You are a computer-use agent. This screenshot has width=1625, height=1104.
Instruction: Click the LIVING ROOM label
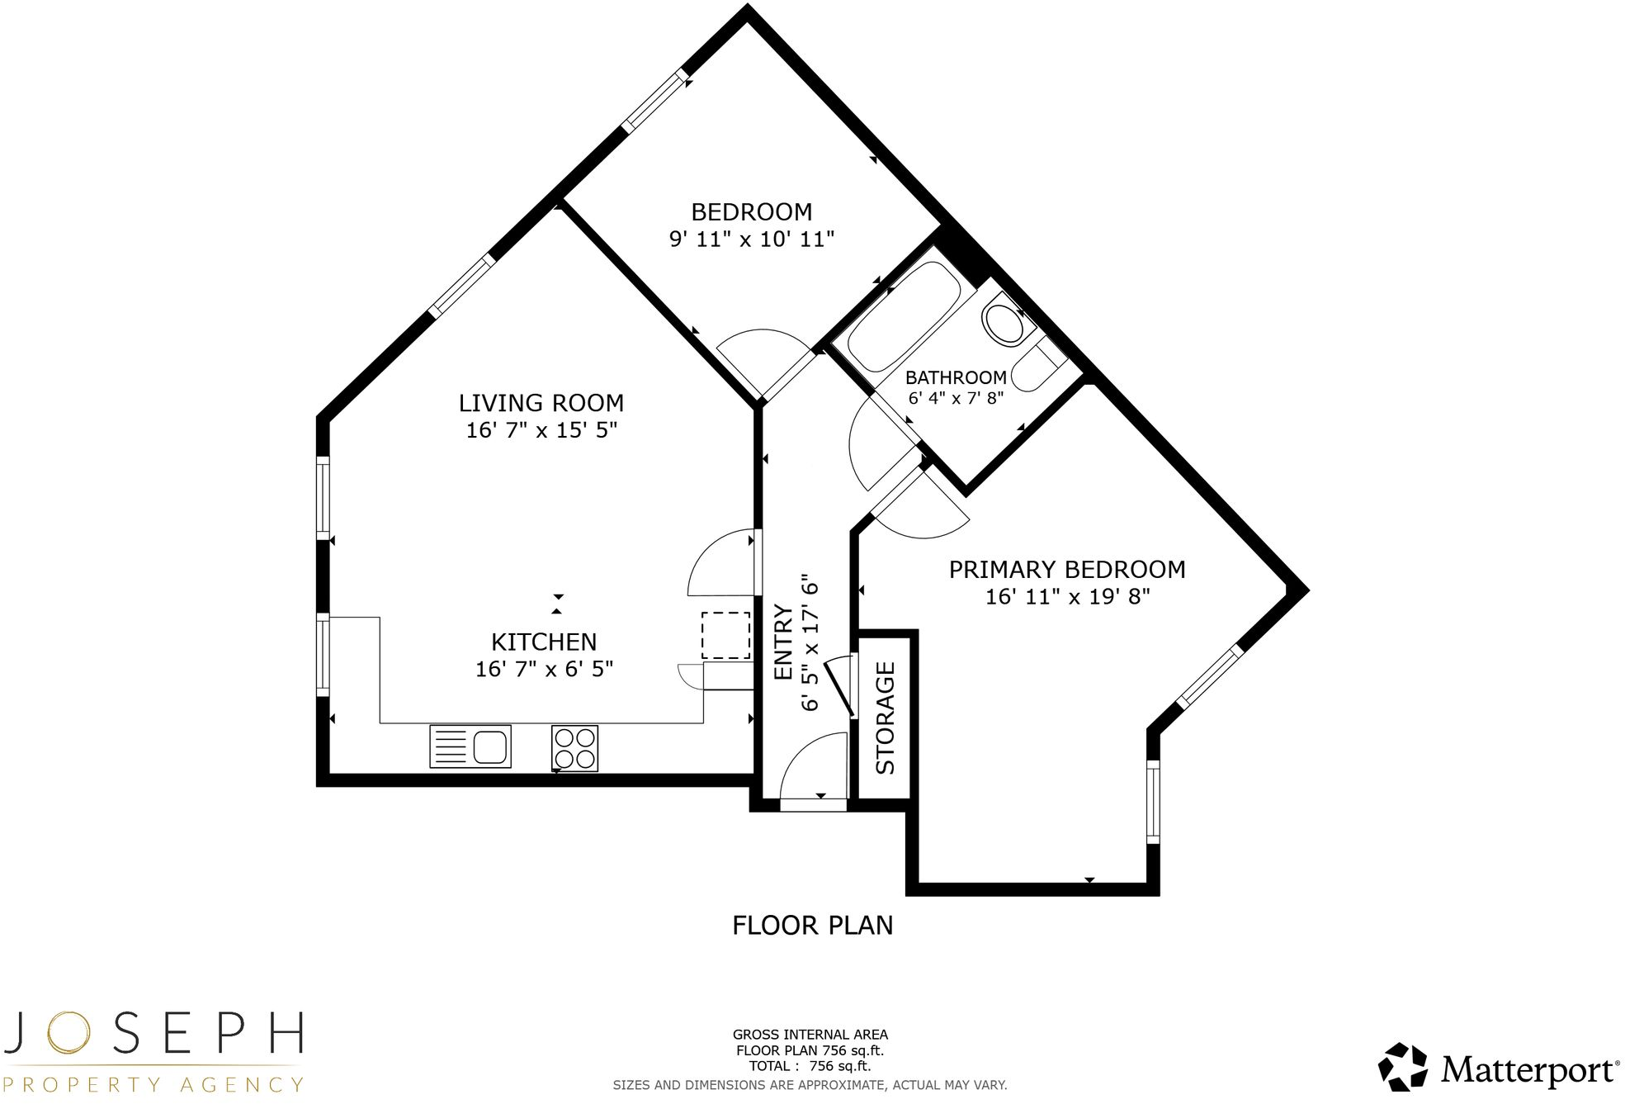coord(541,403)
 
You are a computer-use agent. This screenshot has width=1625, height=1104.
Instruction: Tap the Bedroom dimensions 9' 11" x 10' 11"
coord(751,239)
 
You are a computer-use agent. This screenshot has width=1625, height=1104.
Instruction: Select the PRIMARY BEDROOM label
coord(1066,570)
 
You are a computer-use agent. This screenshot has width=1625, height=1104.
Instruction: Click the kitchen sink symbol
coord(470,746)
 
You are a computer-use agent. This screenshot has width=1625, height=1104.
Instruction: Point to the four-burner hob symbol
coord(574,748)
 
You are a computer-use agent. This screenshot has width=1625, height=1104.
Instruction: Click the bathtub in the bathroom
coord(904,316)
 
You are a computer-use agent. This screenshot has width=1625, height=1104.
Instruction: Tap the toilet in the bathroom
coord(1004,325)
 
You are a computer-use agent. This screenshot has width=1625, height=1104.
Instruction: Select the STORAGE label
coord(885,718)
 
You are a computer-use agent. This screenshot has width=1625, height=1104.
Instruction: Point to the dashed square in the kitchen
coord(725,635)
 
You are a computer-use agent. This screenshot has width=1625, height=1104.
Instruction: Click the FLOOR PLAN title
coord(812,926)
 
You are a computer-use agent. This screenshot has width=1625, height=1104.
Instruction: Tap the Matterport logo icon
coord(1403,1067)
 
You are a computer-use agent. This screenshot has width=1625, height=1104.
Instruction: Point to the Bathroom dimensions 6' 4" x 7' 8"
coord(956,398)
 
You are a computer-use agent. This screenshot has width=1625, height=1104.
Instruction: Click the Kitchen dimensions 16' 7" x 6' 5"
coord(544,669)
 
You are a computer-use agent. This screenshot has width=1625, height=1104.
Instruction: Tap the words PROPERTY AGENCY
coord(152,1084)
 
